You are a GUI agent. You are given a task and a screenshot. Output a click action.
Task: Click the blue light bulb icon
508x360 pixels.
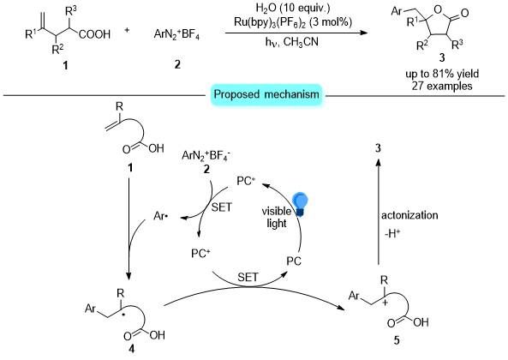(x=300, y=204)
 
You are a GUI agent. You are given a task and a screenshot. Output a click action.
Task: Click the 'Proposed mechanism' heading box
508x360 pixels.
(x=266, y=94)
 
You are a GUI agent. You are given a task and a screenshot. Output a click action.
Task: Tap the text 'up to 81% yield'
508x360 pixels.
(x=442, y=75)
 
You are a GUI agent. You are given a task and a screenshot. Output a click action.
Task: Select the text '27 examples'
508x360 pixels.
(x=442, y=86)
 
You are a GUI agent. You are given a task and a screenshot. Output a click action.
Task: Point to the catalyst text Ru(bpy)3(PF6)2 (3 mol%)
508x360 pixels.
(x=293, y=21)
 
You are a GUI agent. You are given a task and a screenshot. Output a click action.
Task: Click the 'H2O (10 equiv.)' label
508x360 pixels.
(x=293, y=8)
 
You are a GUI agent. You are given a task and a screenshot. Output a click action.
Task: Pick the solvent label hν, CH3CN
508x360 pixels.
(x=292, y=42)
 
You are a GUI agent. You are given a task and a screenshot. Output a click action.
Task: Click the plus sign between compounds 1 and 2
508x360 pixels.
(x=127, y=30)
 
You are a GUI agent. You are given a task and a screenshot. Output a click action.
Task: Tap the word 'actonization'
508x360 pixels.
(x=409, y=215)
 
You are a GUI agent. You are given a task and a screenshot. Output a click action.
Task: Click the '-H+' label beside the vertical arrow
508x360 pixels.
(x=392, y=233)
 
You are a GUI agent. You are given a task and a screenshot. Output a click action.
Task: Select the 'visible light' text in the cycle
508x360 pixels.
(x=277, y=217)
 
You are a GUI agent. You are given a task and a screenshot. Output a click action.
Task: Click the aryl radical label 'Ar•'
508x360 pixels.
(x=161, y=216)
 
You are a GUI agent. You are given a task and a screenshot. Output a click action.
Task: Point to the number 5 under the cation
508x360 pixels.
(x=397, y=340)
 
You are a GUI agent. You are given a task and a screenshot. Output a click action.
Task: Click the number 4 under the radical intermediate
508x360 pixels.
(x=131, y=349)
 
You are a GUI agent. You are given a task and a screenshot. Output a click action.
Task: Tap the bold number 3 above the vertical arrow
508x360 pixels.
(x=378, y=148)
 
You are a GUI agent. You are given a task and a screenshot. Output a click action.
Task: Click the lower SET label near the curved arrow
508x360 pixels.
(x=248, y=278)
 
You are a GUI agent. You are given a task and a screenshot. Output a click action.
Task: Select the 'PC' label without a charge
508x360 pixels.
(x=294, y=261)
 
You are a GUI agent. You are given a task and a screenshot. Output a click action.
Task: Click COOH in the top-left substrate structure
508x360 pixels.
(x=94, y=34)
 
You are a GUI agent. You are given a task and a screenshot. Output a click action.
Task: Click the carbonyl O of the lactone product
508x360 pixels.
(x=464, y=13)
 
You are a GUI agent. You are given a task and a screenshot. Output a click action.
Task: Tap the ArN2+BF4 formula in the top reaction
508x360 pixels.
(x=176, y=33)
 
